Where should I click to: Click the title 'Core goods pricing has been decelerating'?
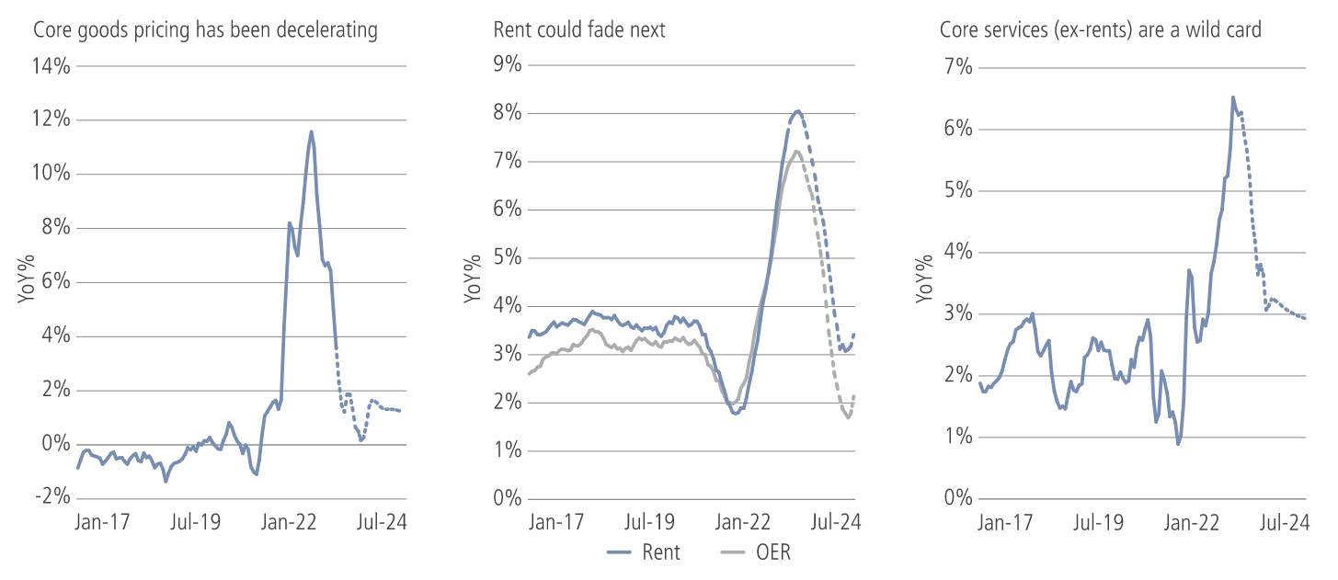[x=205, y=29]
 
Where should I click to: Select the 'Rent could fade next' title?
[x=579, y=29]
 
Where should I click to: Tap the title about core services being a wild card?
[x=1101, y=29]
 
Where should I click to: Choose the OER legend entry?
[x=757, y=552]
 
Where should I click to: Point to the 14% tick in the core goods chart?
[x=52, y=66]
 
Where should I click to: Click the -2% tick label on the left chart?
[x=52, y=497]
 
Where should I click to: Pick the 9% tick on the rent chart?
[x=507, y=65]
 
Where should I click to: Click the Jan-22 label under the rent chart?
[x=740, y=522]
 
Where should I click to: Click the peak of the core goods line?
[x=312, y=131]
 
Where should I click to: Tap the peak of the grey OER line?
[x=796, y=152]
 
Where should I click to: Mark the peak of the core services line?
[x=1233, y=97]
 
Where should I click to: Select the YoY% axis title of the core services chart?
[x=922, y=281]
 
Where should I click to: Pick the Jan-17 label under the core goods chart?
[x=103, y=522]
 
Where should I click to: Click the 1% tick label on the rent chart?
[x=507, y=450]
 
